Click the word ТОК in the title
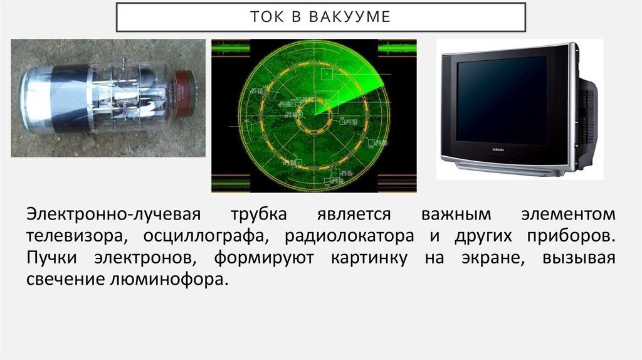[266, 17]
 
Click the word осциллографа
[208, 236]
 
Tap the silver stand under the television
[508, 166]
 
